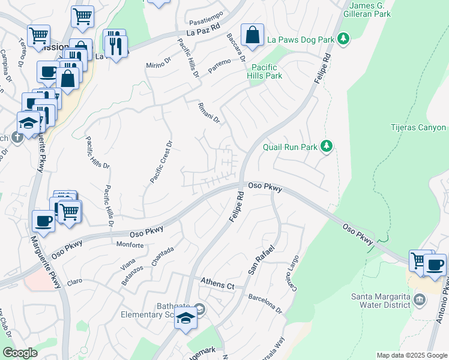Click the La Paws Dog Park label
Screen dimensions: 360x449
(x=300, y=40)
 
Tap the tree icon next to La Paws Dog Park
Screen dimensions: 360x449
(x=343, y=40)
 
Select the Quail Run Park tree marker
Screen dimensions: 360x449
(x=326, y=146)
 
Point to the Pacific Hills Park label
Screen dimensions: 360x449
(x=267, y=71)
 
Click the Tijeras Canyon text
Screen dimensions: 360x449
(x=418, y=128)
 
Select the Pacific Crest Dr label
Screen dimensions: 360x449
(x=160, y=162)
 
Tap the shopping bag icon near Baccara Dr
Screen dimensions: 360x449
(x=253, y=35)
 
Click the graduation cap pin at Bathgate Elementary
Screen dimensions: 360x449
(x=186, y=319)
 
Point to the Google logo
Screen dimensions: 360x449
(x=20, y=353)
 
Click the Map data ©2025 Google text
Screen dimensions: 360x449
(x=411, y=355)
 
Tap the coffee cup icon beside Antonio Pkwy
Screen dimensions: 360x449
(x=435, y=264)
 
